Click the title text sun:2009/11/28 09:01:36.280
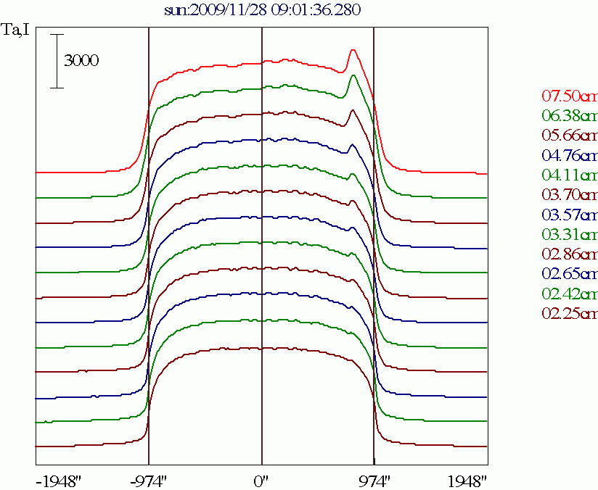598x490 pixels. click(x=262, y=10)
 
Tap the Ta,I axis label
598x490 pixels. click(x=16, y=32)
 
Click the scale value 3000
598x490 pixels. click(x=81, y=61)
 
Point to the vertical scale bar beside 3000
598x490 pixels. click(x=57, y=61)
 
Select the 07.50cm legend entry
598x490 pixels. click(x=570, y=96)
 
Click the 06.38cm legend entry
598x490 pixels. click(x=570, y=116)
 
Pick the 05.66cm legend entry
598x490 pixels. click(x=570, y=136)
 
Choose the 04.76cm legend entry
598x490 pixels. click(x=570, y=155)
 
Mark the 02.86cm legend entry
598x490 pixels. click(x=570, y=254)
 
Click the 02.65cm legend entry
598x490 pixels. click(x=570, y=274)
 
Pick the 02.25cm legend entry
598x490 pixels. click(x=570, y=313)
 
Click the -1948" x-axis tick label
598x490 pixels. click(x=60, y=481)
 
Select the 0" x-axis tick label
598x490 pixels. click(x=262, y=481)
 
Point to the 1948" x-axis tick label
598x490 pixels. click(x=466, y=481)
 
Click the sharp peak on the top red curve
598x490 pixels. click(x=353, y=51)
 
